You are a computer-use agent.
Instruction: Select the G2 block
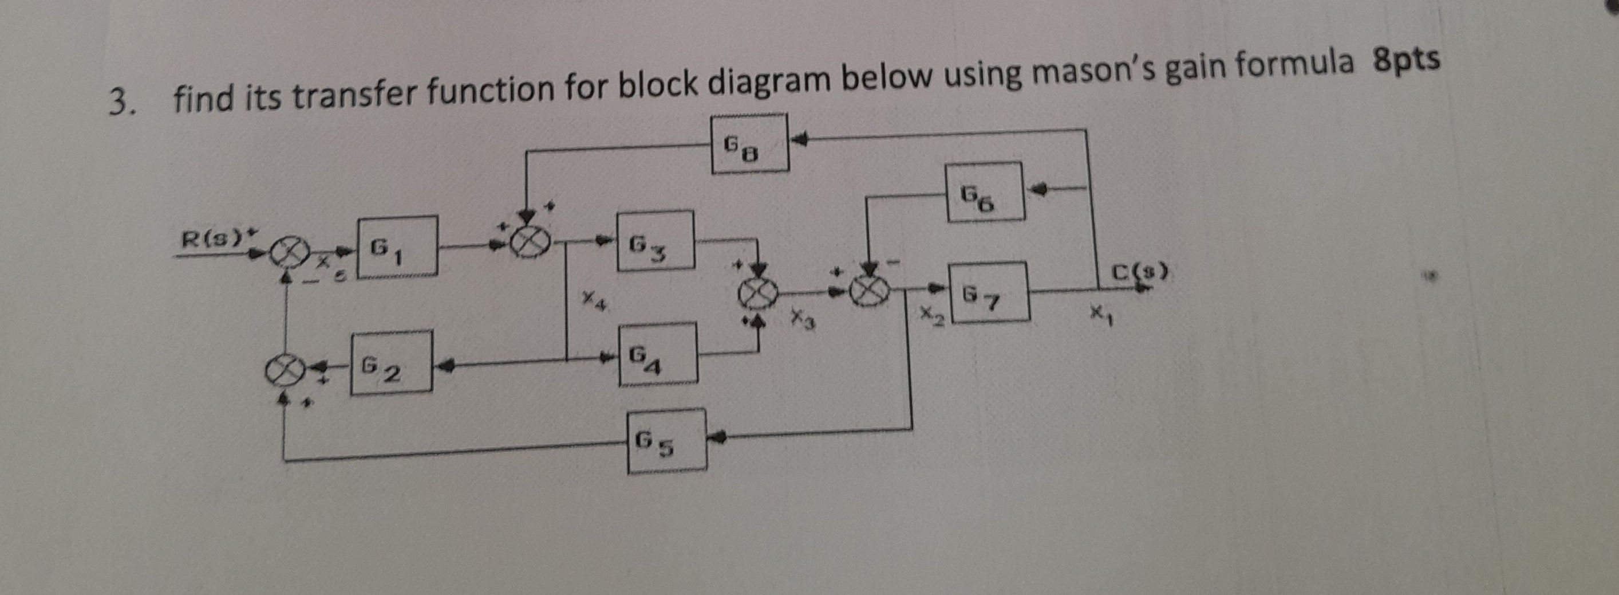391,363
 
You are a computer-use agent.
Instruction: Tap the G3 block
655,241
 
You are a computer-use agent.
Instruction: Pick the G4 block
657,354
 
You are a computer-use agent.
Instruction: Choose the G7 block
988,292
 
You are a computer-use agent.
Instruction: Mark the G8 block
749,143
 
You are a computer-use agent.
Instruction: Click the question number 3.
120,104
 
